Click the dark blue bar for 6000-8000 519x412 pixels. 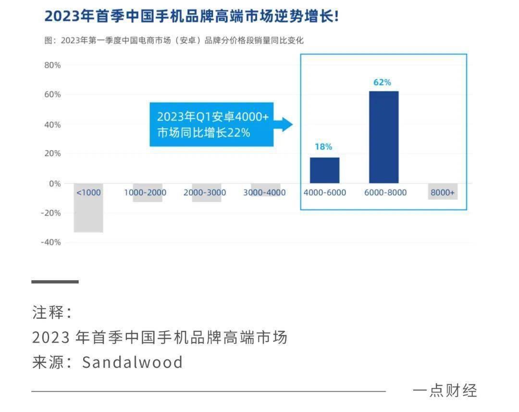point(383,137)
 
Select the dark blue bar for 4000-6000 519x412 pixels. point(324,170)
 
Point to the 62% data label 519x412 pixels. point(382,82)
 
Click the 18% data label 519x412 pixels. point(323,147)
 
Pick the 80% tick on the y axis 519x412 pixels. point(52,65)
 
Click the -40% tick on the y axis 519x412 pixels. point(51,242)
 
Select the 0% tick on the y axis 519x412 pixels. point(55,184)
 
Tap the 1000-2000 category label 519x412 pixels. point(145,193)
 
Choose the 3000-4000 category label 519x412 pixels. point(264,193)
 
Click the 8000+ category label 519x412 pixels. point(443,193)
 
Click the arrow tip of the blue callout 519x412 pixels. point(291,125)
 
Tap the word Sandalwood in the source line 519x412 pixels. point(133,362)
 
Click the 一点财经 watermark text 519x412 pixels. point(445,391)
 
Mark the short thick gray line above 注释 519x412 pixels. point(55,282)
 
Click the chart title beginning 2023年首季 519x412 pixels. point(192,16)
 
